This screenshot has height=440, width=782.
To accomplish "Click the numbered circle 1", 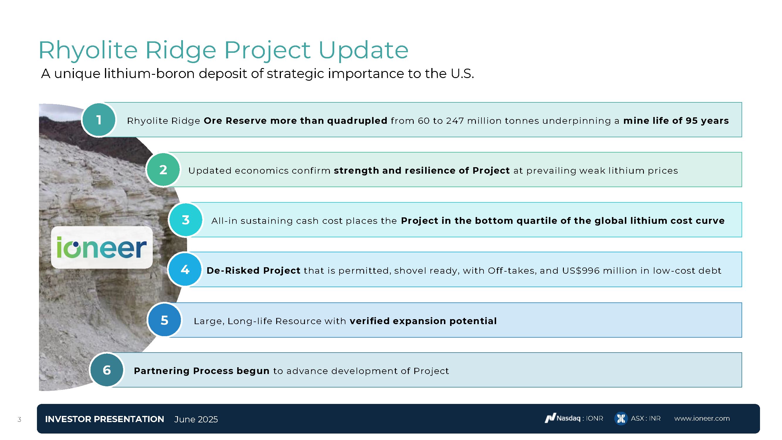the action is click(x=99, y=120).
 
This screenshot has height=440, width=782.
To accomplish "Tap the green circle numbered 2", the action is click(x=163, y=170).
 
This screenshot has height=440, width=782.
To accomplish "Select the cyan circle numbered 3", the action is click(x=186, y=220).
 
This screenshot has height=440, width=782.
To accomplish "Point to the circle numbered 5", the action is click(x=164, y=320).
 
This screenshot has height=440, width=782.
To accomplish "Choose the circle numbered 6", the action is click(x=106, y=370).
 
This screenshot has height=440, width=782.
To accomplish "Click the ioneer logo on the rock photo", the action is click(x=102, y=247).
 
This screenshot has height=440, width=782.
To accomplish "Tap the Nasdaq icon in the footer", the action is click(x=550, y=419).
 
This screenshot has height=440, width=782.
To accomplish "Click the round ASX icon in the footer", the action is click(x=621, y=419).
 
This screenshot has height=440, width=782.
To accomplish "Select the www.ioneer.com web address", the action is click(x=702, y=419).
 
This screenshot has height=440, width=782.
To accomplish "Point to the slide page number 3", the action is click(x=19, y=419).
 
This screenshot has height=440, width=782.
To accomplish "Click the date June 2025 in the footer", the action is click(x=196, y=419).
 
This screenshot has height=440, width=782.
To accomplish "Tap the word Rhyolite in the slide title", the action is click(x=88, y=50).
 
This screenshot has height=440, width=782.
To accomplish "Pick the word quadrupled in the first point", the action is click(x=357, y=121).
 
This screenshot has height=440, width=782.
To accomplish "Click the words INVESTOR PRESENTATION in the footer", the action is click(x=104, y=419).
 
